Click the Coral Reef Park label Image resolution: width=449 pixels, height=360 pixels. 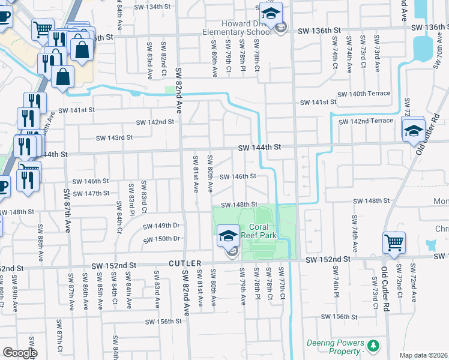tap(263, 231)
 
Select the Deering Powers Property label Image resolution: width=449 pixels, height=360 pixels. tap(336, 347)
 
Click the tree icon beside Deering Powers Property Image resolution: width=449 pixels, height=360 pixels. tap(373, 346)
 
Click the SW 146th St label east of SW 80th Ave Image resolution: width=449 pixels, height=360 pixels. tap(238, 176)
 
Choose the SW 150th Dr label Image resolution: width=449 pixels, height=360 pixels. tap(161, 239)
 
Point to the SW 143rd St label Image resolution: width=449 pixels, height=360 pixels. tap(114, 137)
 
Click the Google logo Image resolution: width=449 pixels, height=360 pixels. tap(19, 352)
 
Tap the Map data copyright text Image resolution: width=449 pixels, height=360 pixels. tap(424, 355)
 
